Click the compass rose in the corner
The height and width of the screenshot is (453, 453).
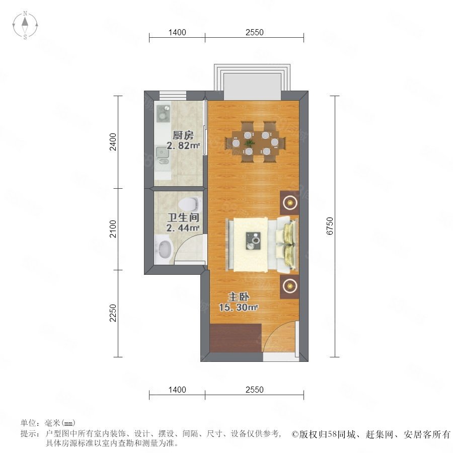click(x=25, y=25)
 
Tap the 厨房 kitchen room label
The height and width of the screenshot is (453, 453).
click(x=183, y=135)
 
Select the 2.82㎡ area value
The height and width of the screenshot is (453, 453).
click(x=183, y=145)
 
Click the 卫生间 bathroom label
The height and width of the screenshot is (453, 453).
click(x=183, y=217)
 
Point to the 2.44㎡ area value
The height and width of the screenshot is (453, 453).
click(x=183, y=228)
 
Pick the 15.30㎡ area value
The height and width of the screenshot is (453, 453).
click(x=239, y=308)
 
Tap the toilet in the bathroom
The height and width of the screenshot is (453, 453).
click(x=190, y=204)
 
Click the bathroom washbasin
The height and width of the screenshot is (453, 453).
click(x=164, y=249)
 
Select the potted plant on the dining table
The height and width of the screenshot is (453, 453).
click(x=249, y=143)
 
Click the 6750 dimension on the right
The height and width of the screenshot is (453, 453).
click(x=330, y=226)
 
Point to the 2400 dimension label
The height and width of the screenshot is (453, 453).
click(x=113, y=141)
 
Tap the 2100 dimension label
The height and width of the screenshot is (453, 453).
click(x=113, y=229)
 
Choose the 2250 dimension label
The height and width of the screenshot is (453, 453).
click(x=113, y=313)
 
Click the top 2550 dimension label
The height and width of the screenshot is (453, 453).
click(x=255, y=32)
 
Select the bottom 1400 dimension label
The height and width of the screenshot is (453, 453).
click(x=177, y=390)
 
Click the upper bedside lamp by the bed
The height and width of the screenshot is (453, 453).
click(x=289, y=202)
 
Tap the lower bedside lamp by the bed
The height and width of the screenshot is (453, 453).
click(x=289, y=286)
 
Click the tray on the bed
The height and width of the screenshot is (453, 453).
click(x=253, y=241)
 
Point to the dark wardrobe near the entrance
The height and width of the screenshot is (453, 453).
click(x=236, y=338)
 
